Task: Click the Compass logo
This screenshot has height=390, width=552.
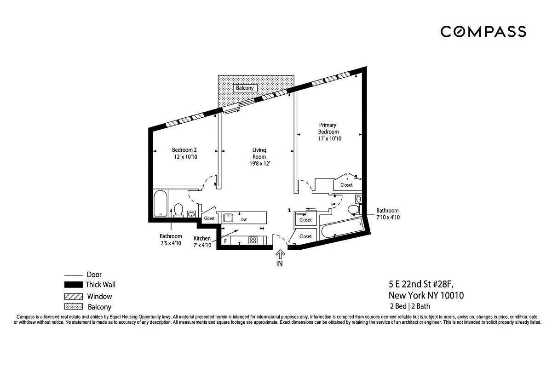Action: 483,32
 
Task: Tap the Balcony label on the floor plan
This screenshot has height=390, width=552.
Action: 245,88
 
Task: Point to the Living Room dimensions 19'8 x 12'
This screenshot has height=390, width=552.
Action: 260,163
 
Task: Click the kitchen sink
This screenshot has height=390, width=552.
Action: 228,218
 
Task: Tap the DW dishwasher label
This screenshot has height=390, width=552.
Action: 244,220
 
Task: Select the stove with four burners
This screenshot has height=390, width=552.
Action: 253,240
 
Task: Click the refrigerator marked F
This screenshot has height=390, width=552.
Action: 225,241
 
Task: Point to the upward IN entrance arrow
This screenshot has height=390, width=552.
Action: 280,255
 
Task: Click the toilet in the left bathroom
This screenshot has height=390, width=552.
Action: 178,210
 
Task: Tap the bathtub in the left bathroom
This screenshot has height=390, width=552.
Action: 161,203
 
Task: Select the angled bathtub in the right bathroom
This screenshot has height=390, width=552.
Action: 342,229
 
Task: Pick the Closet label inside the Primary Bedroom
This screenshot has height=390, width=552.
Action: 346,185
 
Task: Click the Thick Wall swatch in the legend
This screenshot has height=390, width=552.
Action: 74,285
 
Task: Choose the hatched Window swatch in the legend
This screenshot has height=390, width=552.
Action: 74,296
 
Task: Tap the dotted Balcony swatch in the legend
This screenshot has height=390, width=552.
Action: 74,307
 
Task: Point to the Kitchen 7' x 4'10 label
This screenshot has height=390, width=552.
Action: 202,242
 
